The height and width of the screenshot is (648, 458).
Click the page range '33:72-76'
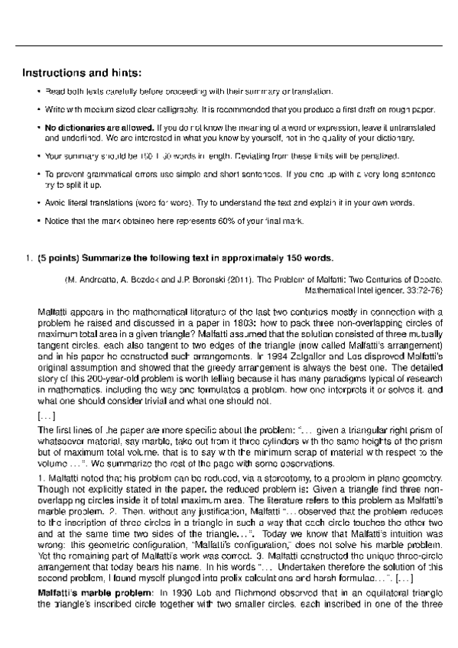tap(419, 291)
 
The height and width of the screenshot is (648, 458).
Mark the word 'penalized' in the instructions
tap(381, 156)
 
